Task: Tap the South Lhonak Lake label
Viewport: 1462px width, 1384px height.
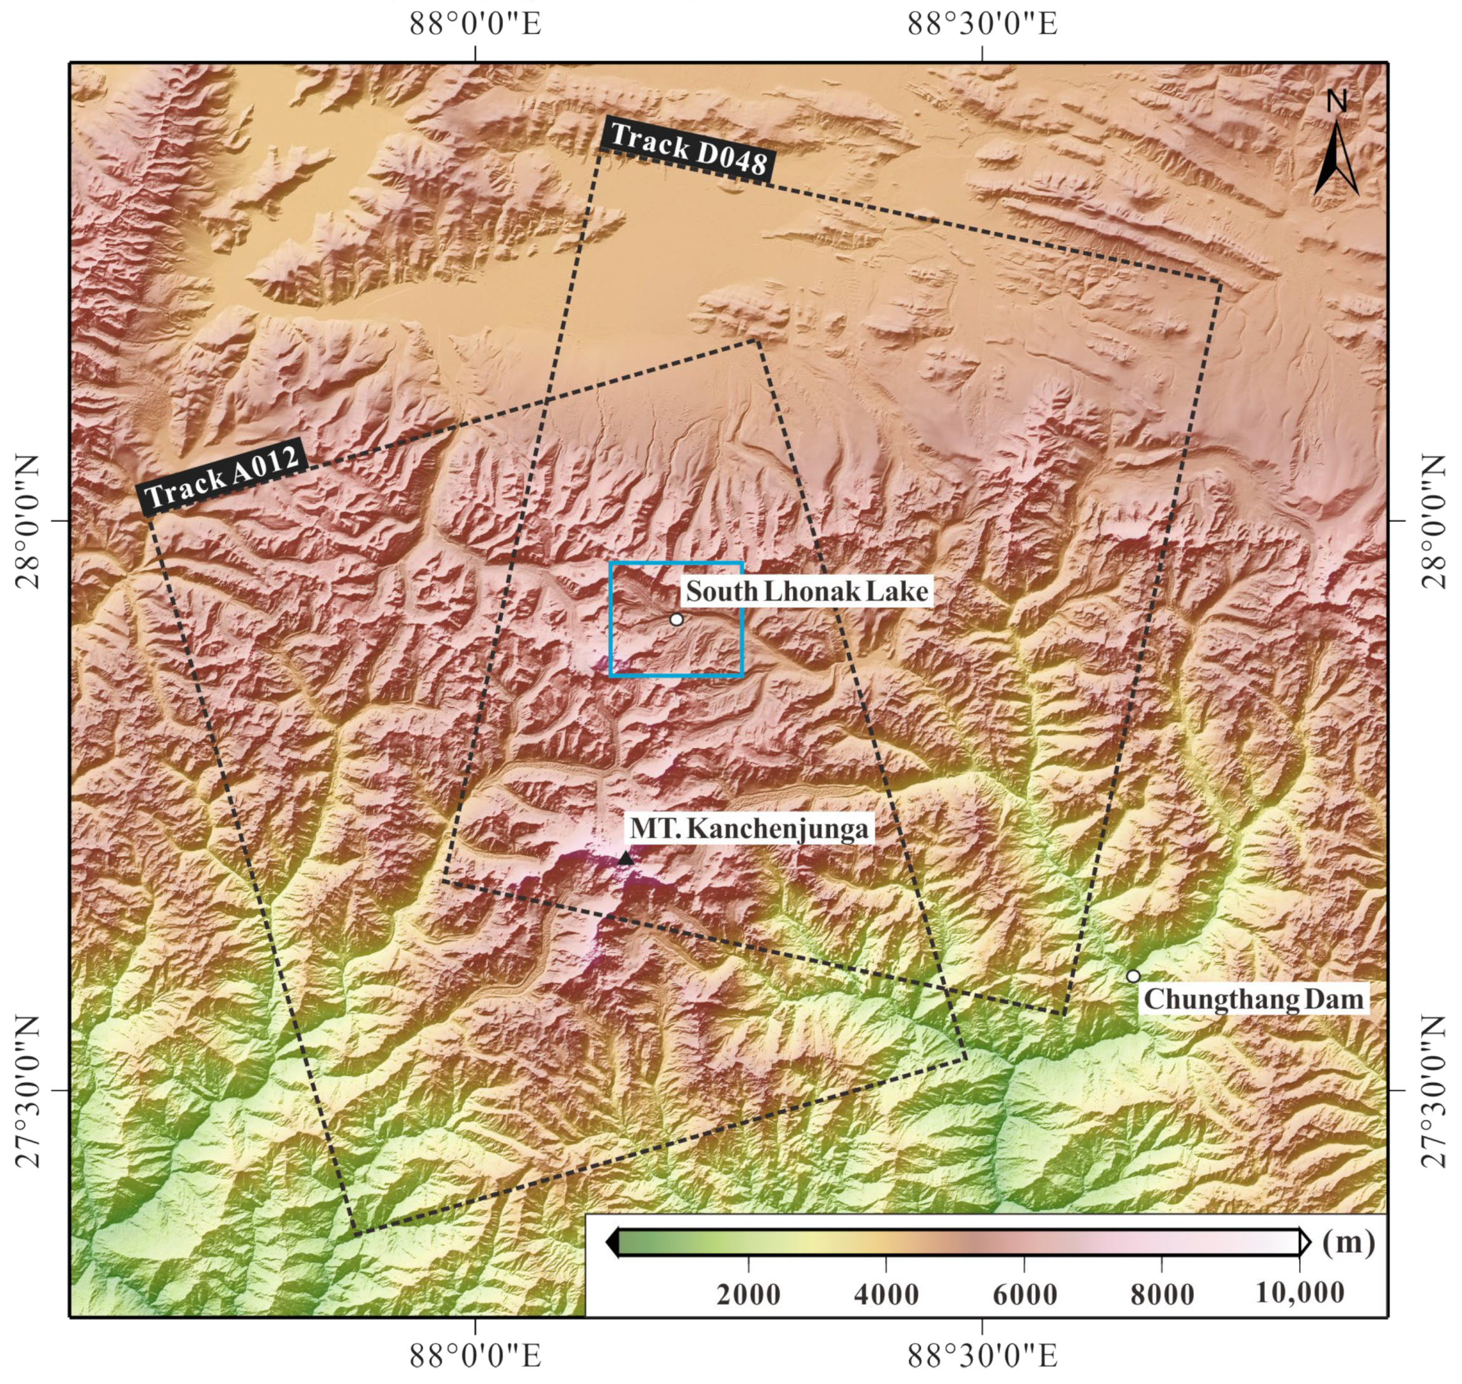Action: tap(807, 592)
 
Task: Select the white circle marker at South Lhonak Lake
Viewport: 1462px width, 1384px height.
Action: tap(676, 619)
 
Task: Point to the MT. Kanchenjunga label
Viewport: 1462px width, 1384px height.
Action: tap(748, 829)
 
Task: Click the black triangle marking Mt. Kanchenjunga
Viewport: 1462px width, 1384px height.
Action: tap(625, 858)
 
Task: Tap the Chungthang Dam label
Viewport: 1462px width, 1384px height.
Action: tap(1253, 1000)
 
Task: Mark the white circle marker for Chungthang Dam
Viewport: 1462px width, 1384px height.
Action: tap(1133, 976)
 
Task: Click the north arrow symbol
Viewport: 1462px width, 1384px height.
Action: tap(1336, 159)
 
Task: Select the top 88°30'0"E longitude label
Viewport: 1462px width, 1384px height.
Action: tap(982, 23)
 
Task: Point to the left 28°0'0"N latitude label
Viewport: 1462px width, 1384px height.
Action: tap(27, 521)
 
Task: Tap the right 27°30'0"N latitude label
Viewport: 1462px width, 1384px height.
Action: tap(1434, 1090)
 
